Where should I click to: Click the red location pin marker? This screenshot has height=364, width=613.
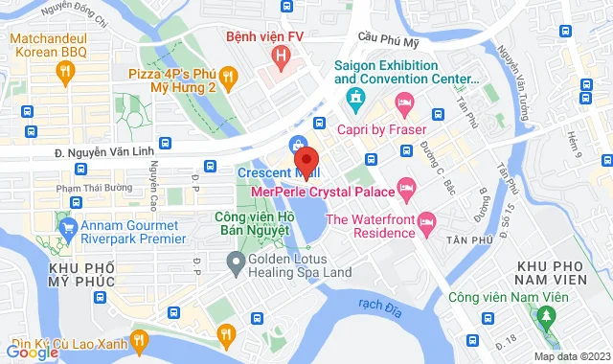[306, 158]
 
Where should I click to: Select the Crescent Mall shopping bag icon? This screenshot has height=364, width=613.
[297, 144]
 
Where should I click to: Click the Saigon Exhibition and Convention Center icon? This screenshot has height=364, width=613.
[354, 97]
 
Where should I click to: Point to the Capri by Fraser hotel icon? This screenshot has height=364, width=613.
[405, 101]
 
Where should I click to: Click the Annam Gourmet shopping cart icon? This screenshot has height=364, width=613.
[67, 228]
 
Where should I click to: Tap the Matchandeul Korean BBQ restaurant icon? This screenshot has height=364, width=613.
[65, 70]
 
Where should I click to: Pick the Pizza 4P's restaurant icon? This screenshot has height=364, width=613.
[227, 75]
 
